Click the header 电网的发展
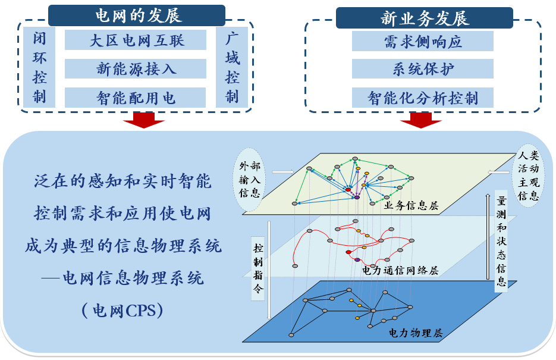click(137, 15)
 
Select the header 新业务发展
click(425, 17)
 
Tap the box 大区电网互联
click(136, 40)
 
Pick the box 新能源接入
click(136, 68)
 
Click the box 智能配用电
click(136, 98)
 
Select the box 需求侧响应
click(423, 41)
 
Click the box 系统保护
click(423, 69)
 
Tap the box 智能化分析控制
click(423, 98)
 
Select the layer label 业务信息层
click(411, 206)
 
